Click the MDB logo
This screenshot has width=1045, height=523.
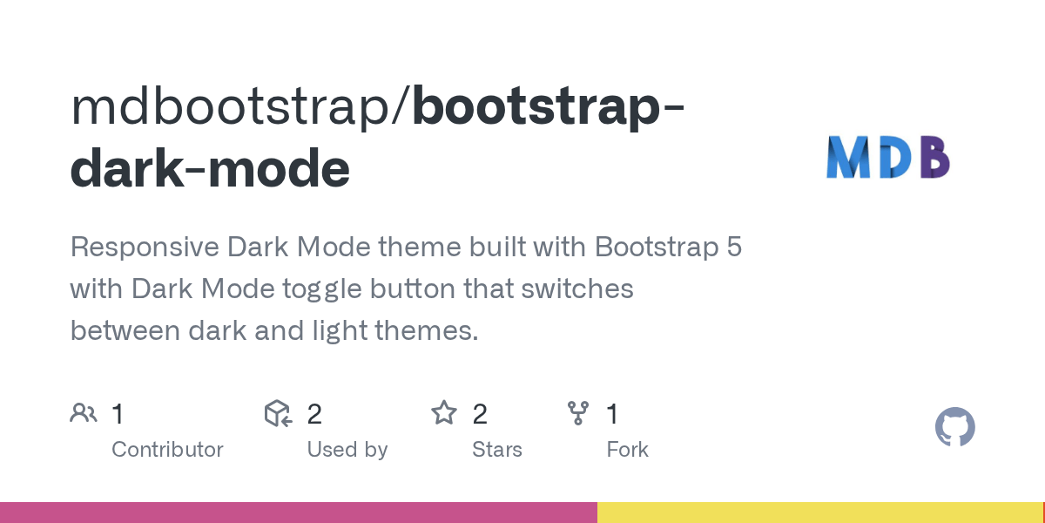pyautogui.click(x=887, y=158)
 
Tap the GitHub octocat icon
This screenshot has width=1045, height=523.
pyautogui.click(x=954, y=427)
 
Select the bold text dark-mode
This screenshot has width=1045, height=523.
pyautogui.click(x=210, y=168)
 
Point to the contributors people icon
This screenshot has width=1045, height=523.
pyautogui.click(x=83, y=413)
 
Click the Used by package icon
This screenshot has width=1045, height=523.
pyautogui.click(x=278, y=413)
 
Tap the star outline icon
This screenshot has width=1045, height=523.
pyautogui.click(x=444, y=413)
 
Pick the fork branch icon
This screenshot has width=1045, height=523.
pyautogui.click(x=577, y=413)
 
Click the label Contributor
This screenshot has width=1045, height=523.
pyautogui.click(x=167, y=450)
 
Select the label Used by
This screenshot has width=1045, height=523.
pyautogui.click(x=347, y=450)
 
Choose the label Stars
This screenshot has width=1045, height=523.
pyautogui.click(x=496, y=450)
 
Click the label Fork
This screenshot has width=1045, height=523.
pyautogui.click(x=627, y=450)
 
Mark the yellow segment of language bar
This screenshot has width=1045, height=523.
pyautogui.click(x=819, y=513)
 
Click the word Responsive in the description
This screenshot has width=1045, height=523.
pyautogui.click(x=145, y=248)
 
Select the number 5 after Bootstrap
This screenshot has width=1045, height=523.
pyautogui.click(x=733, y=248)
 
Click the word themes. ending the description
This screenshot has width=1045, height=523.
pyautogui.click(x=430, y=330)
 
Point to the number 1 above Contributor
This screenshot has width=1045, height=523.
pyautogui.click(x=118, y=414)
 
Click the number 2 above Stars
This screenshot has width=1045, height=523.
pyautogui.click(x=479, y=414)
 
